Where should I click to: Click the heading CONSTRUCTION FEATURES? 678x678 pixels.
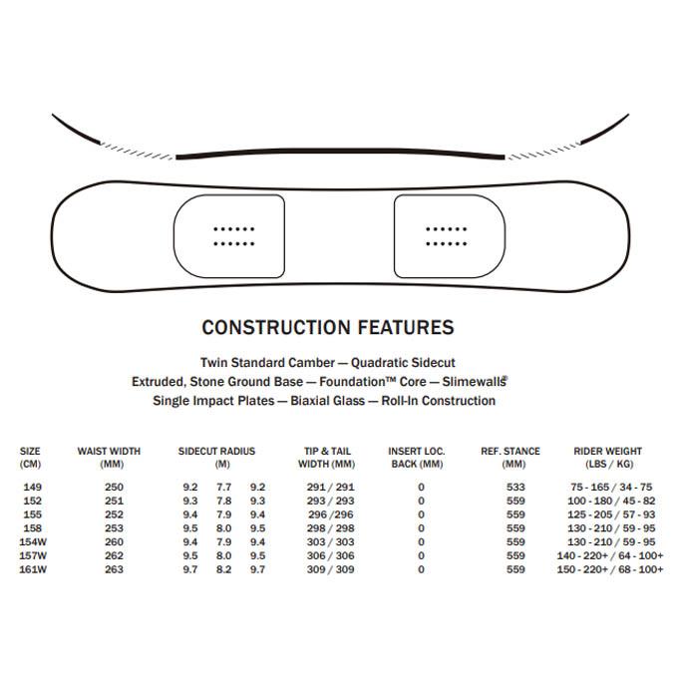click(x=327, y=327)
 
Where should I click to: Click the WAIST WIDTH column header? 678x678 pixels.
click(x=109, y=458)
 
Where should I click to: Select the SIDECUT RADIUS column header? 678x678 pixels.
click(x=216, y=458)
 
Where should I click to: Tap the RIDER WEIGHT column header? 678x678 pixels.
click(x=607, y=458)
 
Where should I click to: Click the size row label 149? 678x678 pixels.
click(x=31, y=487)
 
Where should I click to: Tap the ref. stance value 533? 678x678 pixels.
click(x=514, y=487)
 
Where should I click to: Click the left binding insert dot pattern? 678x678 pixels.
click(x=234, y=235)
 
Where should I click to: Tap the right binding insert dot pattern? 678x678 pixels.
click(x=446, y=235)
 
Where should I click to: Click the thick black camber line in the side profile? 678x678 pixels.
click(x=339, y=156)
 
